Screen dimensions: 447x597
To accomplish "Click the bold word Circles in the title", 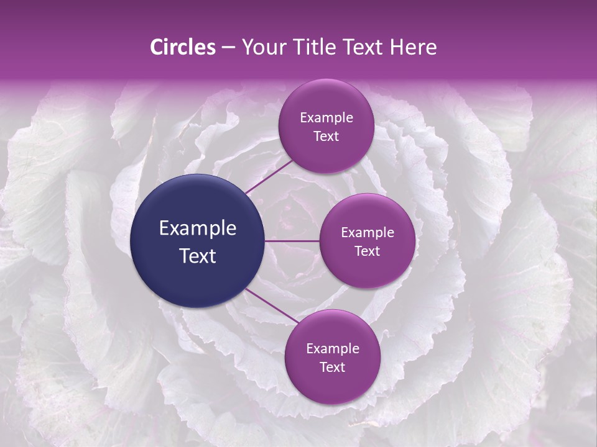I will pyautogui.click(x=182, y=47).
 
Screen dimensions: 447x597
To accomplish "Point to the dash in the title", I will pyautogui.click(x=228, y=48).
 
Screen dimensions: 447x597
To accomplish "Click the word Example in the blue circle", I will pyautogui.click(x=197, y=228).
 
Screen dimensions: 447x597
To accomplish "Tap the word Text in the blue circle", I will pyautogui.click(x=197, y=256).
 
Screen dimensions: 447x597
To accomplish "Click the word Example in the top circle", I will pyautogui.click(x=326, y=118).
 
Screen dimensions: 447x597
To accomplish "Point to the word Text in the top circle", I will pyautogui.click(x=326, y=137).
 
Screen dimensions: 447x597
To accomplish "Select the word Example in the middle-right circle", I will pyautogui.click(x=368, y=233).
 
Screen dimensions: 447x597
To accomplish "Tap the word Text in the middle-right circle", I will pyautogui.click(x=368, y=251).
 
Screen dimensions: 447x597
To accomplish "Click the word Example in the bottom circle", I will pyautogui.click(x=333, y=348).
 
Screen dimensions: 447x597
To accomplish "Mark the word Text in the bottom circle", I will pyautogui.click(x=333, y=367).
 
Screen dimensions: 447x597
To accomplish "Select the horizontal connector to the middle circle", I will pyautogui.click(x=292, y=241).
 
